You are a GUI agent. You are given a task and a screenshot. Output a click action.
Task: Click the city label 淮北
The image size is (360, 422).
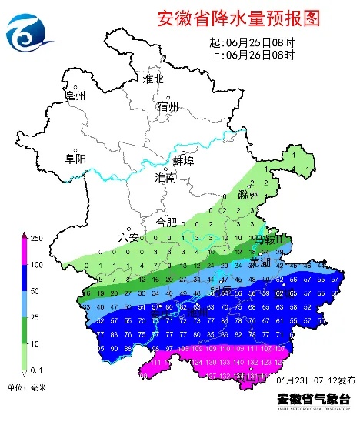point(154,79)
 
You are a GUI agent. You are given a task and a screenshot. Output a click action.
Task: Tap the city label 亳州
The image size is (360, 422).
point(75,95)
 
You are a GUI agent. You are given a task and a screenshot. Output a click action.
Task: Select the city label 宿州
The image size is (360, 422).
point(167,106)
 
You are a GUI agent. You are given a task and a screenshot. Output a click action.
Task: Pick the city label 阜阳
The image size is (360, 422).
point(75,159)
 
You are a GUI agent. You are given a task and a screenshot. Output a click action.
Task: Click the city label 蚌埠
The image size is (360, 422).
point(184,161)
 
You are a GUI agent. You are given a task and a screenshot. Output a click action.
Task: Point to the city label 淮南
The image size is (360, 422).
point(165,178)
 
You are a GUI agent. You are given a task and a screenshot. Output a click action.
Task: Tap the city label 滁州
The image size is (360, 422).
point(249,195)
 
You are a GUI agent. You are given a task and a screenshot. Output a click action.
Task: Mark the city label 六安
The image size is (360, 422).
point(128,238)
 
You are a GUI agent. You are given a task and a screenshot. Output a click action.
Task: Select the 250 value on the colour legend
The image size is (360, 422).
point(36,237)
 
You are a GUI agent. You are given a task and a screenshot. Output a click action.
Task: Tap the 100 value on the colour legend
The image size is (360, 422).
point(36,265)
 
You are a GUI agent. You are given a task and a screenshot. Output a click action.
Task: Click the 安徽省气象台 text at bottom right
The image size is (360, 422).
point(314,399)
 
